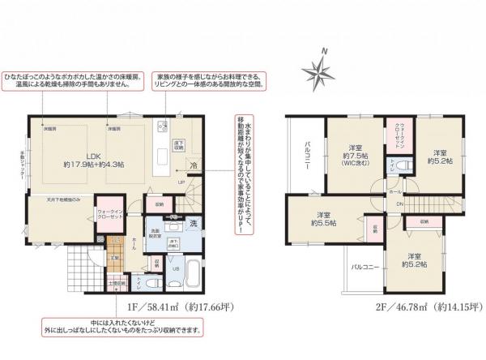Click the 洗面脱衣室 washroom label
154,234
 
